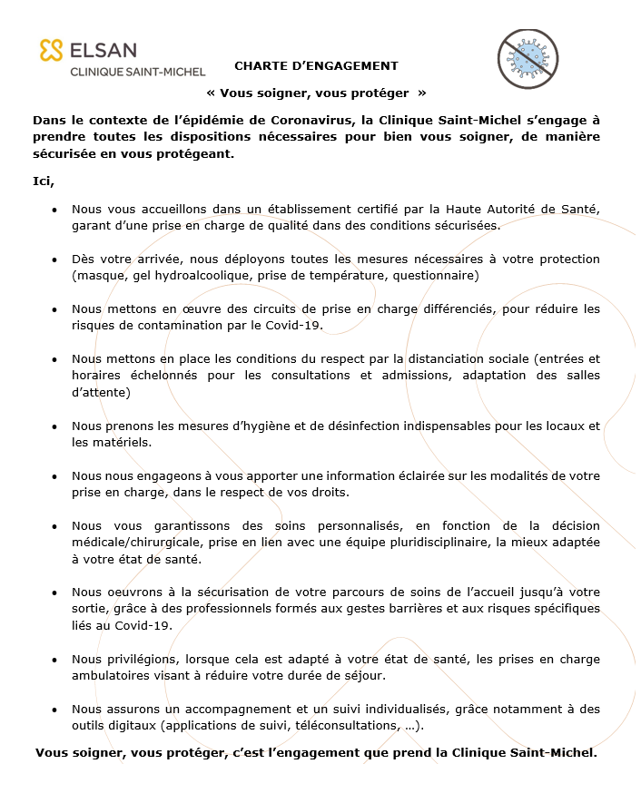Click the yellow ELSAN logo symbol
(51, 50)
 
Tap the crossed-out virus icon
(527, 60)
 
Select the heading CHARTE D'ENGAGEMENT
(316, 65)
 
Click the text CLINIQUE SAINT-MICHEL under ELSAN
(138, 72)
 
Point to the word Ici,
(44, 182)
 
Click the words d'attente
(101, 393)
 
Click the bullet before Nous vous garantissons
(54, 526)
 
